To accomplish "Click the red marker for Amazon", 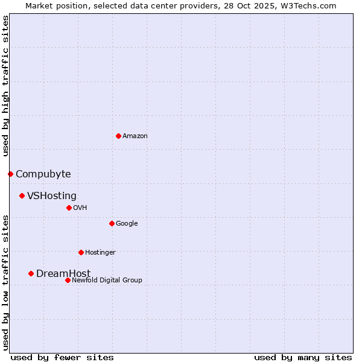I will click(118, 136).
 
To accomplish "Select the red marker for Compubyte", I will click(10, 174).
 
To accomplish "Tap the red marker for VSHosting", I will click(22, 195).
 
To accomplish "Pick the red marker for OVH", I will click(69, 208).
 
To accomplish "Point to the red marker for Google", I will click(112, 223).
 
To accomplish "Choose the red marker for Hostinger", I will click(81, 252).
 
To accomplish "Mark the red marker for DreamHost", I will click(31, 273).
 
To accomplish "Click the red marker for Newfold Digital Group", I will click(68, 280).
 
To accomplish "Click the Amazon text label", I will click(135, 136).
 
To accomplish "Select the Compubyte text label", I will click(43, 174).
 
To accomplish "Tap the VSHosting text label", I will click(52, 196).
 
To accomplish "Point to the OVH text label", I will click(80, 208).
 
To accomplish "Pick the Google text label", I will click(127, 224).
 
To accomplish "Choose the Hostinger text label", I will click(100, 253).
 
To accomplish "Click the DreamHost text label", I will click(63, 274).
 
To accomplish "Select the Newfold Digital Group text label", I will click(107, 281).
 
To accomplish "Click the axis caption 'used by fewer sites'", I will click(62, 357).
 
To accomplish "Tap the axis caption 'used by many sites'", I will click(303, 357).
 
